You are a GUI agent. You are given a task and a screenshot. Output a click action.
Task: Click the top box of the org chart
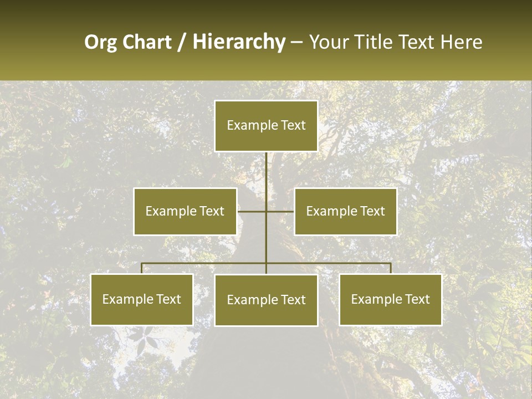click(266, 126)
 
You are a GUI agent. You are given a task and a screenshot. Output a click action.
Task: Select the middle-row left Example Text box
click(185, 211)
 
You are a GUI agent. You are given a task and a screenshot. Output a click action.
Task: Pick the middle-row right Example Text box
click(345, 211)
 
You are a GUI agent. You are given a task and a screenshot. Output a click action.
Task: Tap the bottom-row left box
click(142, 299)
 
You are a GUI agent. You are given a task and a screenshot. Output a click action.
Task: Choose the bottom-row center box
click(266, 300)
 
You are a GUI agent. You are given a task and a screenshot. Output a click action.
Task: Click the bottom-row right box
click(391, 299)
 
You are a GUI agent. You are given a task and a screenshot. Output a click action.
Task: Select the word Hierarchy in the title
click(239, 42)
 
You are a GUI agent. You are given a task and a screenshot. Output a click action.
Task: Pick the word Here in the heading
click(461, 42)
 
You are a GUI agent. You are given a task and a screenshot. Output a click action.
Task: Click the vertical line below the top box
click(266, 172)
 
